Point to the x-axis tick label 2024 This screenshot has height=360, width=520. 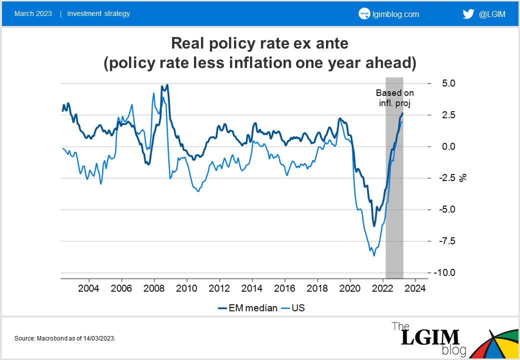tap(415, 288)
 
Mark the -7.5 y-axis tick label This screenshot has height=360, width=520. tap(444, 241)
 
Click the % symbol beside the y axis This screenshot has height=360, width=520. tap(463, 177)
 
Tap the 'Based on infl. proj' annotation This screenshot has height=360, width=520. tap(394, 97)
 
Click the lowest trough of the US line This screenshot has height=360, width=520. tap(373, 255)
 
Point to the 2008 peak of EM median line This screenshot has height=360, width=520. tap(167, 85)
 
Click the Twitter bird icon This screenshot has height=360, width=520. tap(468, 14)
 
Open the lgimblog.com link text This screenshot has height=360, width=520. tap(395, 14)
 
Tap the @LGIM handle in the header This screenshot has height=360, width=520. tap(492, 14)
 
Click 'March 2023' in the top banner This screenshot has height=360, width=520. tap(33, 13)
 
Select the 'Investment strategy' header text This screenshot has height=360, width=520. tap(98, 13)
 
